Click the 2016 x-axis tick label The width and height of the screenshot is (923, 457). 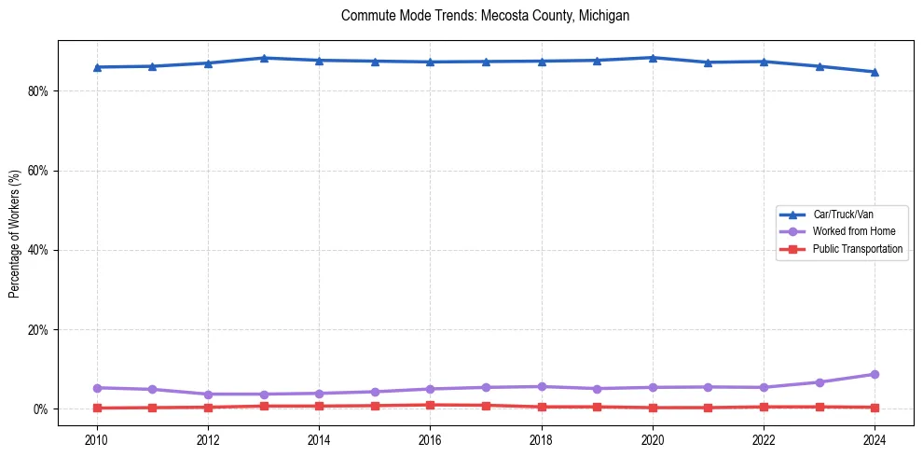click(430, 439)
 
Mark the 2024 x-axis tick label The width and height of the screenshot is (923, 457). click(875, 439)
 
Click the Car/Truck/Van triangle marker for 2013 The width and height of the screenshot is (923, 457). click(264, 58)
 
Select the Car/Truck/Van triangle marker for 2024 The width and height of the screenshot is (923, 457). click(875, 72)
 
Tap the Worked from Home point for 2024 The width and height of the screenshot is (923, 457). click(875, 375)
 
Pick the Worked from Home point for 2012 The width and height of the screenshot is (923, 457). click(208, 395)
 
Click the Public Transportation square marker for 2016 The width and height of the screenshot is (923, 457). click(430, 405)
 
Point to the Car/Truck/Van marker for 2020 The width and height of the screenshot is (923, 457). click(653, 58)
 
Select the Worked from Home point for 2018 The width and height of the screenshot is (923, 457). click(542, 386)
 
